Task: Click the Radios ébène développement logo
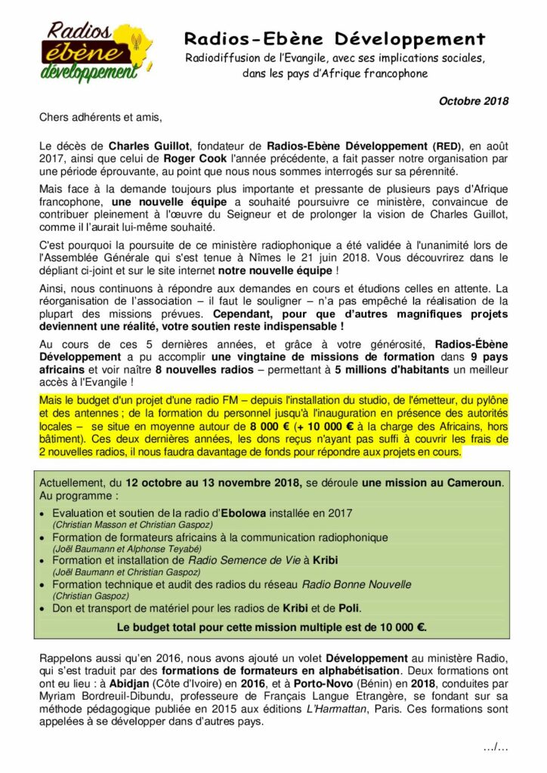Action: point(90,51)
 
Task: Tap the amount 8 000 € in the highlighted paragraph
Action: point(270,427)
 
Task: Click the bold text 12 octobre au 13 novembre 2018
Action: point(213,482)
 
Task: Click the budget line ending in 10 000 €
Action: point(271,627)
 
